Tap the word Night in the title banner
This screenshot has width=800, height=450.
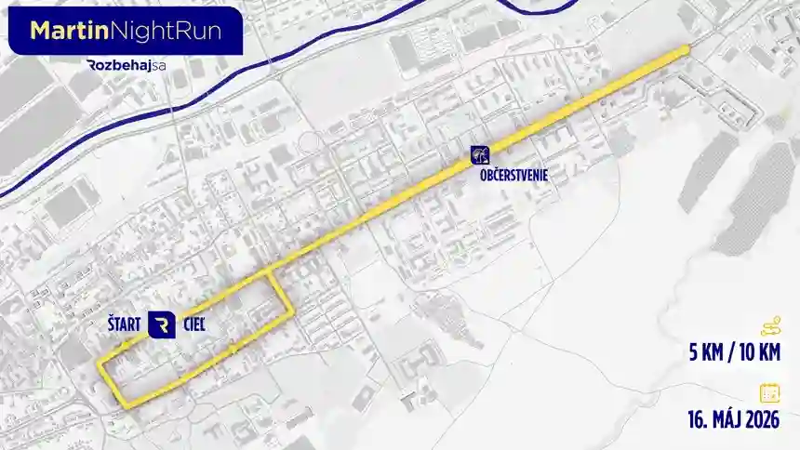tap(140, 30)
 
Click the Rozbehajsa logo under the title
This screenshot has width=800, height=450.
tap(125, 65)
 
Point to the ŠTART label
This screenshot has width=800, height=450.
tap(124, 324)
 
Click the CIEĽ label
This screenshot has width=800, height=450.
tap(194, 324)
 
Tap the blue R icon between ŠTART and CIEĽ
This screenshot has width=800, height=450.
tap(162, 324)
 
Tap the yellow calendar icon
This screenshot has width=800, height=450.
tap(770, 391)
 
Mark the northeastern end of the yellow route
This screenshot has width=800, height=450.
tap(687, 48)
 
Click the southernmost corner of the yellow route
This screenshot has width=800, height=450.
tap(126, 404)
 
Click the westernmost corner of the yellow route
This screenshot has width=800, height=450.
tap(99, 364)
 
